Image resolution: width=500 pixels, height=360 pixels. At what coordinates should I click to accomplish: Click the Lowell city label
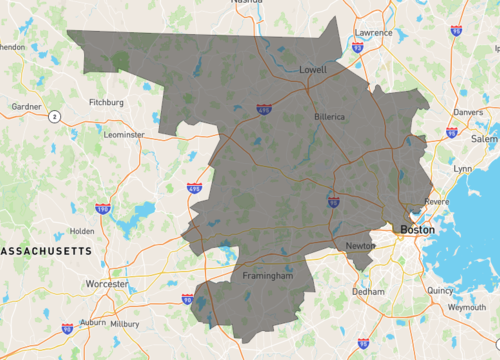pos(313,70)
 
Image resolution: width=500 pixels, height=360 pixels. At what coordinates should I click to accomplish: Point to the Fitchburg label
pos(106,102)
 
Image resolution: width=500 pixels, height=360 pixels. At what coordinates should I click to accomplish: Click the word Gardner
pos(26,105)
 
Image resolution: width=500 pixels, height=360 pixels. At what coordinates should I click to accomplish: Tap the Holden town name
pos(82,231)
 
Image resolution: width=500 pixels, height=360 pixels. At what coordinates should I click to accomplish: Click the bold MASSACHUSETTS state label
pos(44,250)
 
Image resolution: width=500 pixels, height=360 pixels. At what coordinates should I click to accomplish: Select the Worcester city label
pos(107,284)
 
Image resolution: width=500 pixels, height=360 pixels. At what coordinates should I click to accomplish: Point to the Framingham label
pos(267,275)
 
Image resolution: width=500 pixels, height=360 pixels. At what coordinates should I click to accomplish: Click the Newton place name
pos(360,245)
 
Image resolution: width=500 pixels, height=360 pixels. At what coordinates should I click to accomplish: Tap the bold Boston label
pos(418,229)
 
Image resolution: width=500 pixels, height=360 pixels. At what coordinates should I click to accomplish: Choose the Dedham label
pos(368,292)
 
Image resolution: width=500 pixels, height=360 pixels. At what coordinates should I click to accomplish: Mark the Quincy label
pos(440,290)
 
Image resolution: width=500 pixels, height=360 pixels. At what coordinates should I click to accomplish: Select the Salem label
pos(484,140)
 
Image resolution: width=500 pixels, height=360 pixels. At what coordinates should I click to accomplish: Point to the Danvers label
pos(468,113)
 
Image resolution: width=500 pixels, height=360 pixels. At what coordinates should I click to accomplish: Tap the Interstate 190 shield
pos(103,208)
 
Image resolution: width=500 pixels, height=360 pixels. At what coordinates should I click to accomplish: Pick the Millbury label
pos(125,324)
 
